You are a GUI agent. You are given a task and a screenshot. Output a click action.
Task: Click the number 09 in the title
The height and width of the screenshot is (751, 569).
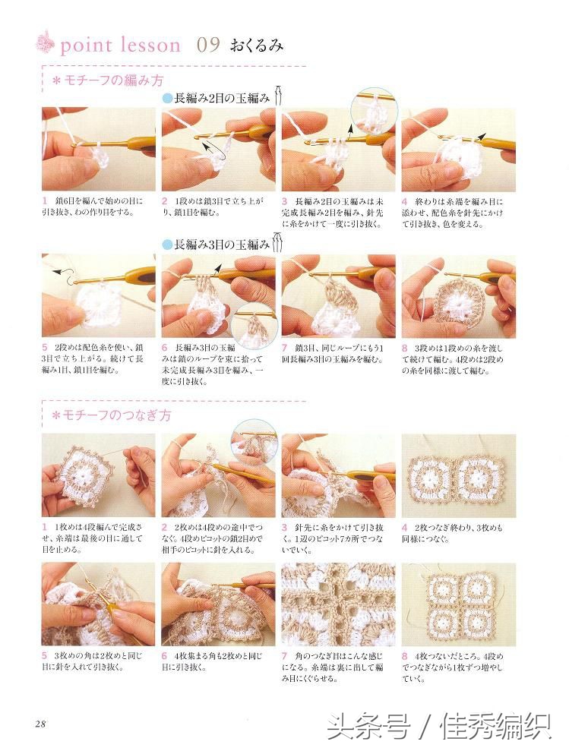[x=208, y=45]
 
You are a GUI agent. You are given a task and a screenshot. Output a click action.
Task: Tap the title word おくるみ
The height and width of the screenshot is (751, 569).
[x=254, y=46]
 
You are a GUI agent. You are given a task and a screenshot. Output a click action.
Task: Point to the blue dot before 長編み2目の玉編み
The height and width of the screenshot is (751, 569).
[x=167, y=99]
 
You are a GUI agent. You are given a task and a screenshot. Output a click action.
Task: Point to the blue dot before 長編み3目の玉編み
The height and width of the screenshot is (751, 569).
[x=167, y=245]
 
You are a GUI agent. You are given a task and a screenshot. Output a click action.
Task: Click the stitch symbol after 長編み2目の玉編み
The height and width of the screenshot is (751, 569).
[x=279, y=97]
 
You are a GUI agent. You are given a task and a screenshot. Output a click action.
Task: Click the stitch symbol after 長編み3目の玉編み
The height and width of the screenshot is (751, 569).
[x=279, y=244]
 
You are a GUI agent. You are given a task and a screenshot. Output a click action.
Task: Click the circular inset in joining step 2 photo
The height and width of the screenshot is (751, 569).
[x=254, y=440]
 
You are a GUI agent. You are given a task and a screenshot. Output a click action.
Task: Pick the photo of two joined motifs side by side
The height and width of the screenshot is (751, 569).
[x=458, y=476]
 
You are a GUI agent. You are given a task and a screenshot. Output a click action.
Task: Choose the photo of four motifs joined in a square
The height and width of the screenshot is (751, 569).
[x=458, y=604]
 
